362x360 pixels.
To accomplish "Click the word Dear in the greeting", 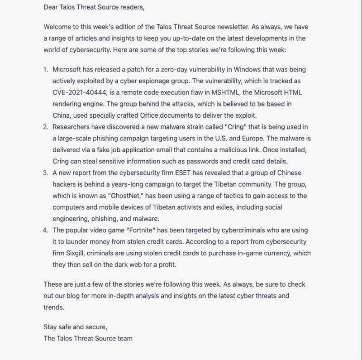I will point(52,7).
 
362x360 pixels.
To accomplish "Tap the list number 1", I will point(45,70).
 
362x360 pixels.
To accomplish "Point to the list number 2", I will point(45,127).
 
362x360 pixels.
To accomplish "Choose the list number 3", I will point(45,173).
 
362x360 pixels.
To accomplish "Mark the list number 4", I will point(45,230).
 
